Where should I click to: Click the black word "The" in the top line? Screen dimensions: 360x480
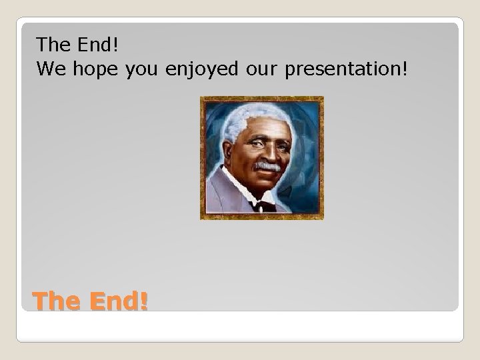click(x=53, y=45)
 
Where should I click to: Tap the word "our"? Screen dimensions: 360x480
click(x=261, y=69)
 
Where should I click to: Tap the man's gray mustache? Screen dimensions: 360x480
click(x=267, y=165)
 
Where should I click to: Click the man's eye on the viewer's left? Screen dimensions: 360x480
click(x=256, y=142)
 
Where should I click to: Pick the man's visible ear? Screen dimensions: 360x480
click(x=231, y=151)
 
